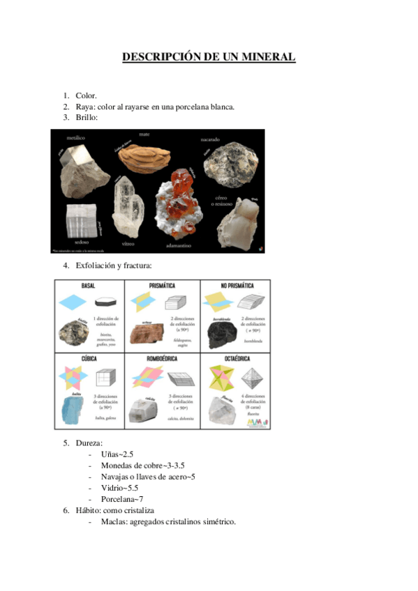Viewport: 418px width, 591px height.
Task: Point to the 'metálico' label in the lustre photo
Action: tap(75, 138)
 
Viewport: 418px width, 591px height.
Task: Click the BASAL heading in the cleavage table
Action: tap(88, 286)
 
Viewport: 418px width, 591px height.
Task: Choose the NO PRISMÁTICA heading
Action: tap(236, 286)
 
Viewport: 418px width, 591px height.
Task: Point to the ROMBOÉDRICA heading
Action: tap(162, 358)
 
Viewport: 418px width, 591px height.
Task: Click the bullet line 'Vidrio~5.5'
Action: tap(120, 488)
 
